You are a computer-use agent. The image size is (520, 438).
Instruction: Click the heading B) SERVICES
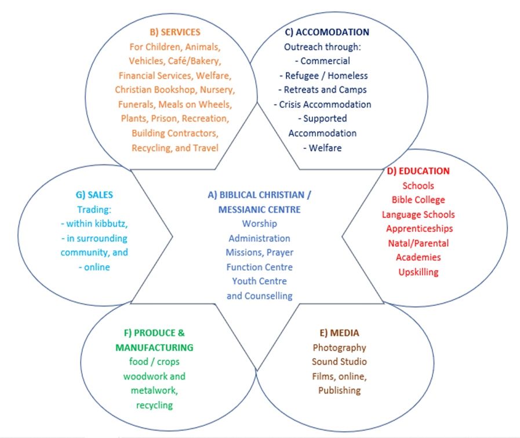pos(175,32)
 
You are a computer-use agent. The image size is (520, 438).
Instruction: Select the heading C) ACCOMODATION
pos(327,32)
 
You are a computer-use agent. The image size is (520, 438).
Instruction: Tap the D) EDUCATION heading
pos(418,171)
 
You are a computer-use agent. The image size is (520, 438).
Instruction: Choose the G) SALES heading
pos(94,195)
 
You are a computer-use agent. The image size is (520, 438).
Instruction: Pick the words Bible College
pos(417,200)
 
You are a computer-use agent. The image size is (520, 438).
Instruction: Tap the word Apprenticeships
pos(417,228)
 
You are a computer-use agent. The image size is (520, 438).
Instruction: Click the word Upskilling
pos(418,272)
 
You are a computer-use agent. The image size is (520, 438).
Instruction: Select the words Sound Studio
pos(339,362)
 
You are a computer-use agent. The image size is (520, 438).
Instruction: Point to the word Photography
pos(339,348)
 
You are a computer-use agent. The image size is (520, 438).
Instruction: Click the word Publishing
pos(339,390)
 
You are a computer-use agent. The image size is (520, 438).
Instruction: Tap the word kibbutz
pos(110,224)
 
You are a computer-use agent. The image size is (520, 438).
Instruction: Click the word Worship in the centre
pos(260,224)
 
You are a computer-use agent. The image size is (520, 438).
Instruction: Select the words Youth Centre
pos(259,281)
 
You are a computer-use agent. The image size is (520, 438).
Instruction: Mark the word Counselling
pos(268,295)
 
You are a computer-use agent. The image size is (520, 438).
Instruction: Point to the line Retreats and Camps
pos(325,90)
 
